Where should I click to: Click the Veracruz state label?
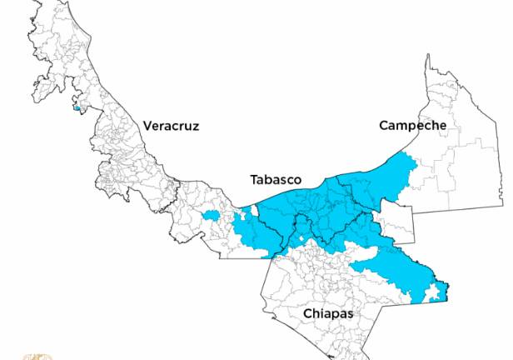click(x=172, y=126)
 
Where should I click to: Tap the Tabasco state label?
click(x=276, y=180)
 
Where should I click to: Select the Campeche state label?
click(x=412, y=126)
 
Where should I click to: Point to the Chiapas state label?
click(x=328, y=313)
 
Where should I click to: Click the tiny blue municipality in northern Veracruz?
click(x=77, y=107)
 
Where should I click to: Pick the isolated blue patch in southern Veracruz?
click(x=210, y=216)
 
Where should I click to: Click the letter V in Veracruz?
click(x=147, y=126)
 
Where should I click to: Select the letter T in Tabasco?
click(x=254, y=180)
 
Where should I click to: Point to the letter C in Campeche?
click(x=383, y=126)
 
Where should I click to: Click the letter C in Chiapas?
click(x=307, y=313)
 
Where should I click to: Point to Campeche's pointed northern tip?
click(x=428, y=58)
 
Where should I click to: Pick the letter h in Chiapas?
click(x=317, y=313)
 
